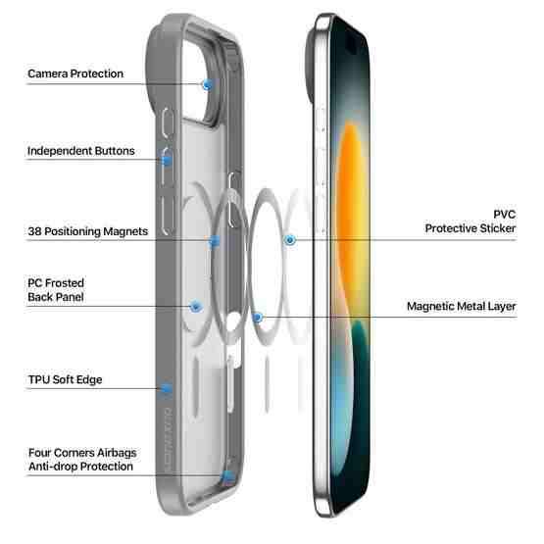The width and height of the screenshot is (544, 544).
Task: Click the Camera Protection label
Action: (x=75, y=74)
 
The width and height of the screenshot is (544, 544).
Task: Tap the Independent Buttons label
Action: (x=80, y=151)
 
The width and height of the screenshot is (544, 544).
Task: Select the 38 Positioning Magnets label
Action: (x=88, y=231)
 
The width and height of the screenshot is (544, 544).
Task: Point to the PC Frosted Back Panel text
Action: (x=56, y=290)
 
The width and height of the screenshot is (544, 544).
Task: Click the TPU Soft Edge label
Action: (x=66, y=379)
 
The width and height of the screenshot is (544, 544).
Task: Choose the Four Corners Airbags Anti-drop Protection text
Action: (x=82, y=460)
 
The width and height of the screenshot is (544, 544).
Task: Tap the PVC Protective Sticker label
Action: (x=470, y=222)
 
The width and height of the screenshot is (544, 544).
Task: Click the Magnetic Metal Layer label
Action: (x=462, y=307)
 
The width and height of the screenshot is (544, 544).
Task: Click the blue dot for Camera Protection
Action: (x=207, y=84)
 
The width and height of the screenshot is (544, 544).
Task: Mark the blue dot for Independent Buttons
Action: (x=167, y=160)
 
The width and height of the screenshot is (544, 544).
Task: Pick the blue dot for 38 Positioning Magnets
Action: (x=215, y=240)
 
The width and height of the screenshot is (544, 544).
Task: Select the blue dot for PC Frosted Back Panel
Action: (x=196, y=307)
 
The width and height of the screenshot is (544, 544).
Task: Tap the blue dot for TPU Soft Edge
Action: (x=167, y=388)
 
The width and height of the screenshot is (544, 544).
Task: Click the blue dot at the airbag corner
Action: (x=228, y=476)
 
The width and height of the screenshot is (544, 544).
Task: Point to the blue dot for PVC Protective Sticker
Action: (x=290, y=240)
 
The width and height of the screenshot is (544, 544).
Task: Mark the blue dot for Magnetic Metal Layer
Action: (x=258, y=318)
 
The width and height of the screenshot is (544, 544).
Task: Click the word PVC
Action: (x=505, y=215)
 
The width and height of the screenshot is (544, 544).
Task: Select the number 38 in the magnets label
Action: (x=34, y=231)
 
